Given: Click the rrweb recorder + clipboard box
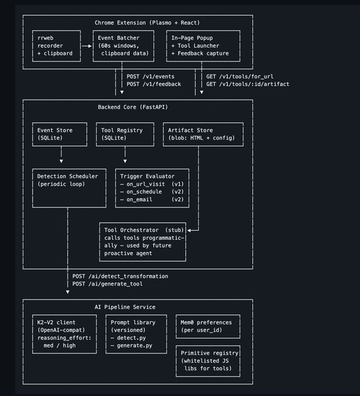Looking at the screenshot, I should pos(55,46).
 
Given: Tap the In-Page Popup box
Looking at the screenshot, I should pos(202,46).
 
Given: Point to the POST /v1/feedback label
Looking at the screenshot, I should pos(154,84).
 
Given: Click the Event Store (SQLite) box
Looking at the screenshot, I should pos(61,134).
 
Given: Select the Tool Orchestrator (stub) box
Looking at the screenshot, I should pos(143,242).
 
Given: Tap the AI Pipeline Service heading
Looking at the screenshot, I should pos(125,307).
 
